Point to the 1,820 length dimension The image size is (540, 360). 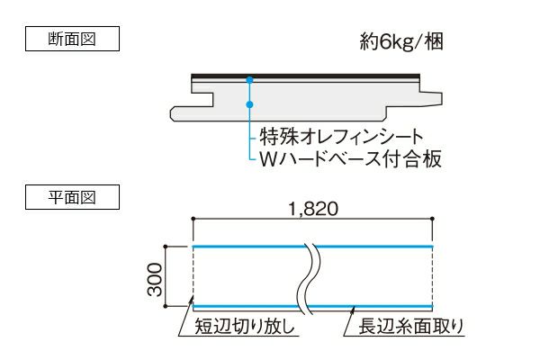313,209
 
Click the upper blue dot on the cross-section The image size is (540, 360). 249,80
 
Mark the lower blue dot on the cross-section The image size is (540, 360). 249,103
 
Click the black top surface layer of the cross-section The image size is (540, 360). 306,75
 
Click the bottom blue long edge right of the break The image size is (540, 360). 378,306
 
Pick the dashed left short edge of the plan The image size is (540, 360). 194,276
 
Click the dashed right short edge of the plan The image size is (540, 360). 434,276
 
